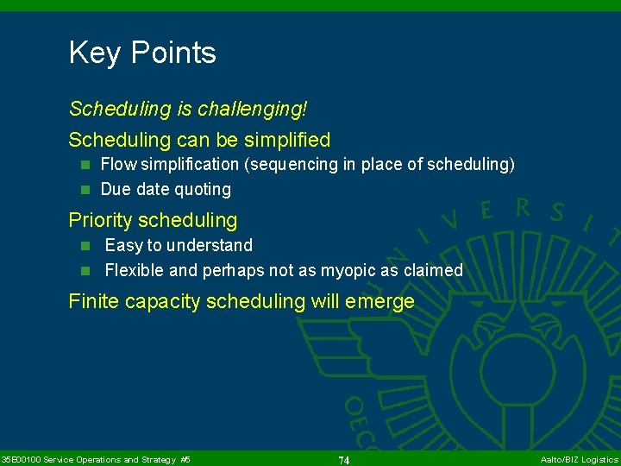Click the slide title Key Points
pos(142,53)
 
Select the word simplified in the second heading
pos(287,139)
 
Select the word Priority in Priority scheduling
pos(100,220)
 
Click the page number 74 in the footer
pos(343,460)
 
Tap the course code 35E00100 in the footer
pos(21,459)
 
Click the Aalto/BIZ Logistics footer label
pos(579,459)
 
